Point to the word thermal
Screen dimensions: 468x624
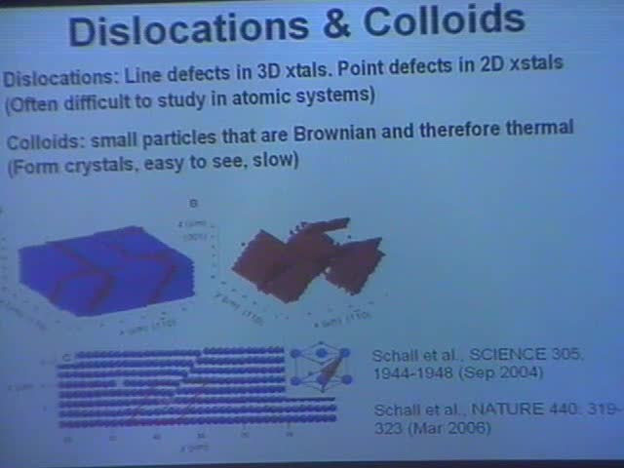(534, 128)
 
